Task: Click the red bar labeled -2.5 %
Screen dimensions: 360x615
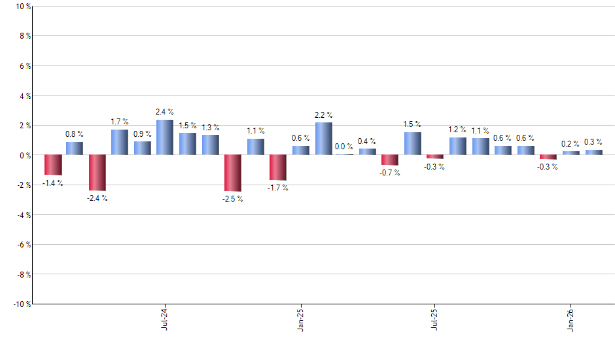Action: pos(233,173)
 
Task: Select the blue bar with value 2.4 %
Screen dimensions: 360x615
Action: pos(165,137)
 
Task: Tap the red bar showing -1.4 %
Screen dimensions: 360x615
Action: pos(53,165)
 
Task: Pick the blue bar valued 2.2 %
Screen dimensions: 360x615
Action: pos(323,139)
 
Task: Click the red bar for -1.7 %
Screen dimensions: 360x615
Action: pos(278,168)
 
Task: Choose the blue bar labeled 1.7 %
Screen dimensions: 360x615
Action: pos(120,142)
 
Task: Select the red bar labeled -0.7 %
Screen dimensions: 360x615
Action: pos(390,160)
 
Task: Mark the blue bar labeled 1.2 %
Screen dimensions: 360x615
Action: pos(458,146)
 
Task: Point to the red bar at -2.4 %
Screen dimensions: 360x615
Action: pos(97,173)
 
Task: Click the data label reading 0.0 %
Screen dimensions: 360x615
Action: pos(344,147)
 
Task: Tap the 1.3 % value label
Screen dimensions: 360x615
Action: pos(211,128)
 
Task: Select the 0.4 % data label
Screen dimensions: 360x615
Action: pos(367,141)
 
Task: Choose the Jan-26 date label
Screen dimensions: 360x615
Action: pos(571,319)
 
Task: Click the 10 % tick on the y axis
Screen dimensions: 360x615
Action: pos(22,7)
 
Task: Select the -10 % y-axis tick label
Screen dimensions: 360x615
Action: pos(20,304)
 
